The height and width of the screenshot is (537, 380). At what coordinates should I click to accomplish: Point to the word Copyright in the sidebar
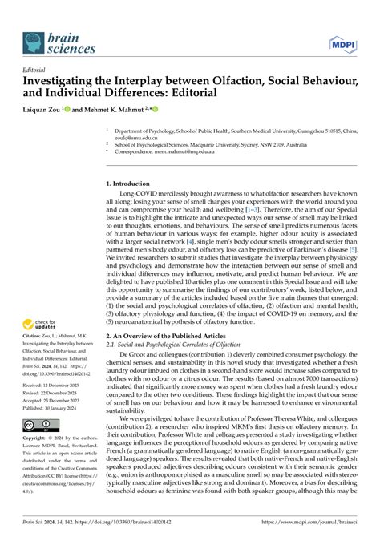36,439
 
